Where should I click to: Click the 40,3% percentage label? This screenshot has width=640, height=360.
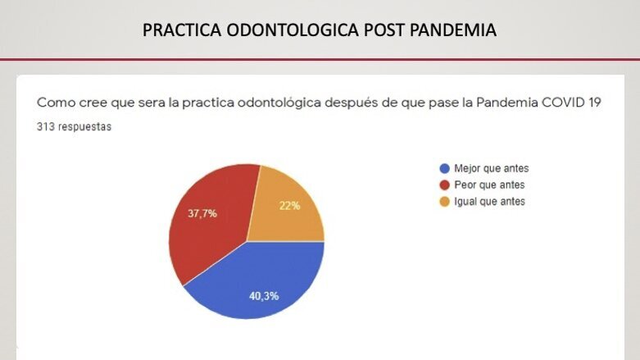coord(264,295)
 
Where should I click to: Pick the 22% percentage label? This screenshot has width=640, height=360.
coord(289,206)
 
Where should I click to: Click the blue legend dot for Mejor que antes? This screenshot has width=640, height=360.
coord(444,169)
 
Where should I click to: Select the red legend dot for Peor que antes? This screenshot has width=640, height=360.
coord(444,185)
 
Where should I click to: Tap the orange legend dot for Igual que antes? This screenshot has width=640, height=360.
coord(444,202)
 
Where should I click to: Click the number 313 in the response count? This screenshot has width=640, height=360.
coord(45,128)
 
